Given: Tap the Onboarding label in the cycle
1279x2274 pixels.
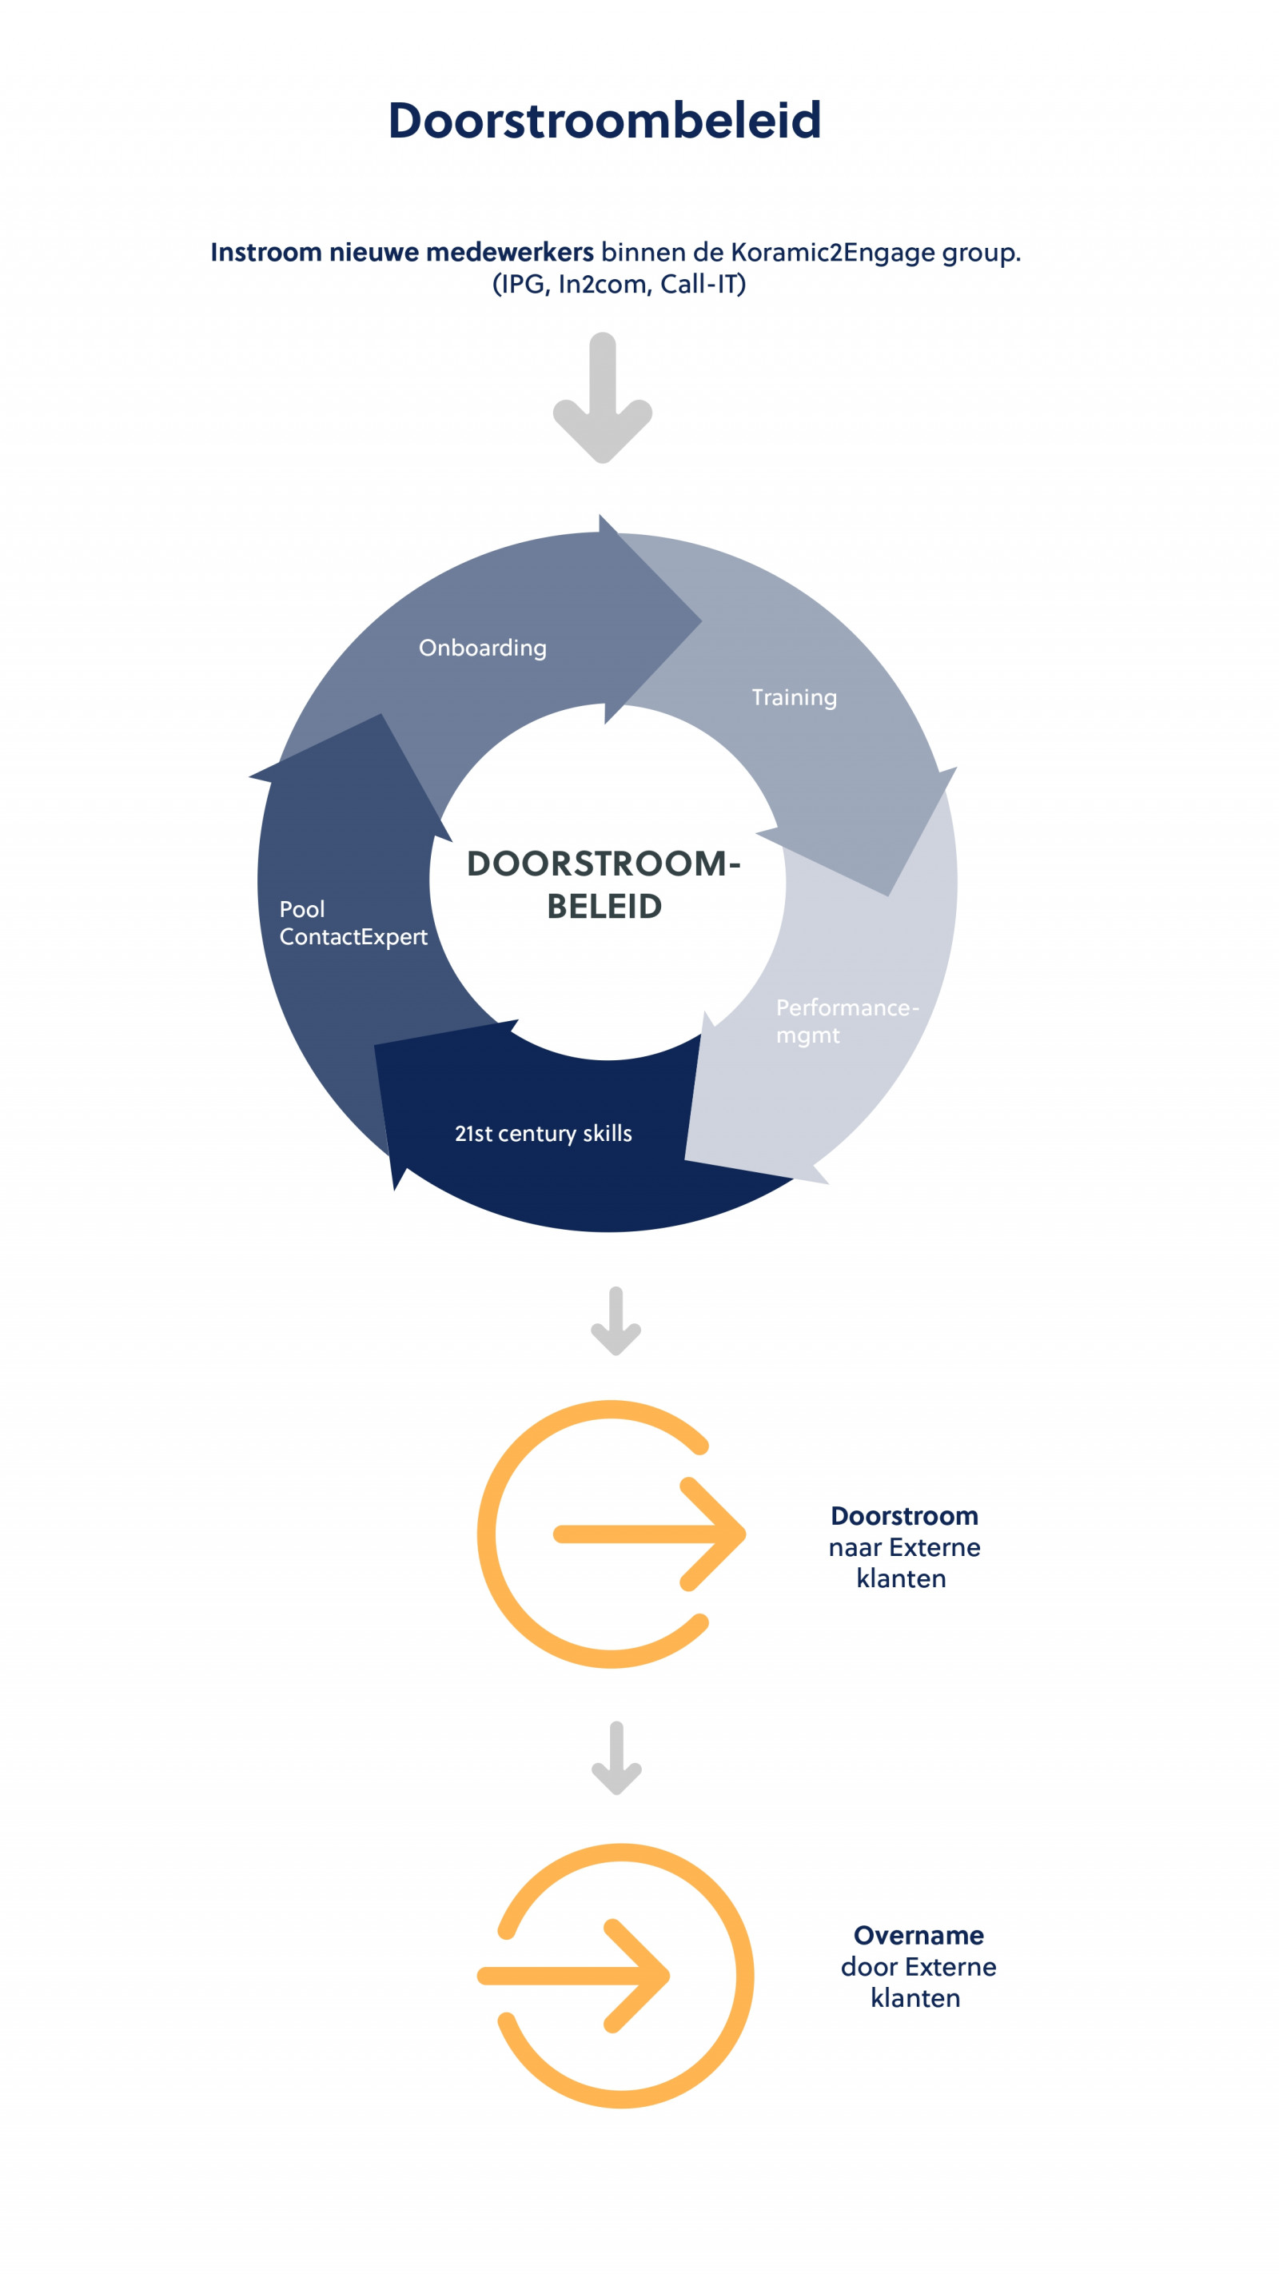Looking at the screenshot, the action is click(482, 648).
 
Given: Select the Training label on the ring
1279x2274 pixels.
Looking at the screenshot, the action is click(794, 697).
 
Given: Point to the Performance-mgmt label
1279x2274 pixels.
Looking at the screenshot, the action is click(847, 1020).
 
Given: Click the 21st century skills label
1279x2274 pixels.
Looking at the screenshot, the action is click(543, 1134).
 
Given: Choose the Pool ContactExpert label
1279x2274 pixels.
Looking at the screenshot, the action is click(353, 923).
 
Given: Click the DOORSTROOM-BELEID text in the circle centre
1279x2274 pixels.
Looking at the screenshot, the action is click(604, 884).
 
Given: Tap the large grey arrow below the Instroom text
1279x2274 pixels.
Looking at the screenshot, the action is click(603, 398).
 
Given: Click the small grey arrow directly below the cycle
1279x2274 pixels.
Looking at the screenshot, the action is click(616, 1321).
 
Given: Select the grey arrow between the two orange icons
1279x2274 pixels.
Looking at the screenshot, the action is click(616, 1757).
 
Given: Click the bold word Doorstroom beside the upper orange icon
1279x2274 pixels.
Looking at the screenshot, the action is click(904, 1516).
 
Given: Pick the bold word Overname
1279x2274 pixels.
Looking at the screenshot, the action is click(918, 1935).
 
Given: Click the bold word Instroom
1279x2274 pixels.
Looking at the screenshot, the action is click(265, 253).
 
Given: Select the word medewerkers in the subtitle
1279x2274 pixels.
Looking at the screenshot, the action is click(509, 253).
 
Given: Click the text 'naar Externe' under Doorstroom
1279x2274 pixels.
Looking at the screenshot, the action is click(904, 1547).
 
